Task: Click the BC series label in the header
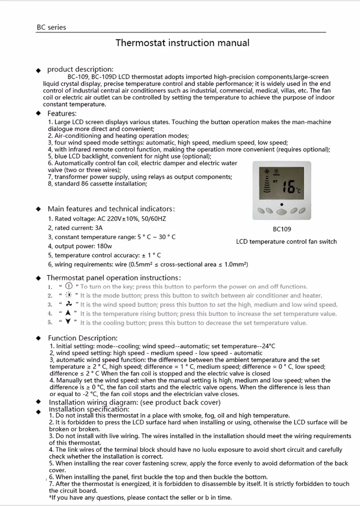(51, 27)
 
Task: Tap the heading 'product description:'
(80, 69)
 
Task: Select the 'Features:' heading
(62, 113)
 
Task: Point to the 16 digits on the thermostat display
(288, 187)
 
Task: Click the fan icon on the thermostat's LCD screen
(267, 171)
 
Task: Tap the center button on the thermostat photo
(282, 211)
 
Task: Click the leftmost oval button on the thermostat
(261, 210)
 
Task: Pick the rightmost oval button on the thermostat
(303, 210)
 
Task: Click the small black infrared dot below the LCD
(282, 204)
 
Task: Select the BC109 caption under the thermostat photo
(282, 229)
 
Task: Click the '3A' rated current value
(99, 228)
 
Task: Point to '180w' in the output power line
(104, 246)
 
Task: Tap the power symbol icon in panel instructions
(69, 286)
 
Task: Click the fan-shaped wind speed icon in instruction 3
(69, 304)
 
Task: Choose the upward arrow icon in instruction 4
(68, 313)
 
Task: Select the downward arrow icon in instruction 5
(68, 322)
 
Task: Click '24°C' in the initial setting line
(269, 346)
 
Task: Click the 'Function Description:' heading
(83, 338)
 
